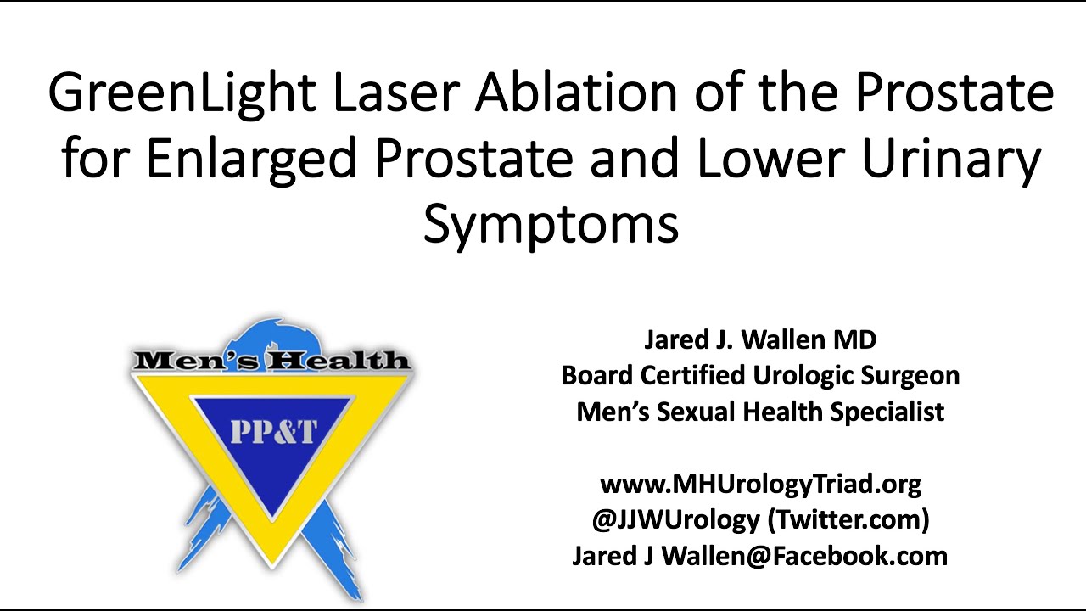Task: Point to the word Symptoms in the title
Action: [x=551, y=224]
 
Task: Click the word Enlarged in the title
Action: [x=251, y=159]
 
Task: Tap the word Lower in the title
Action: [x=764, y=159]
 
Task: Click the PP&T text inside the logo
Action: [x=272, y=432]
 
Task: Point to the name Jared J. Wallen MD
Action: [x=760, y=339]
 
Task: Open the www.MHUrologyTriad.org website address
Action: [x=760, y=484]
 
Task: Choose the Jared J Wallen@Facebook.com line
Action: [x=760, y=556]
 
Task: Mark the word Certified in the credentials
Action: [x=696, y=375]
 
